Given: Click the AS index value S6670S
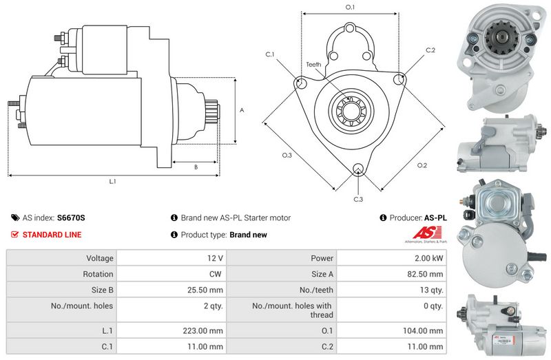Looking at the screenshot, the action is point(71,218).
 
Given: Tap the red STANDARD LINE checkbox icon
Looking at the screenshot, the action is point(14,234).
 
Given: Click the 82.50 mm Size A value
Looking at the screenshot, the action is point(425,274).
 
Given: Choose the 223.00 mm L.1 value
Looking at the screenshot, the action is point(202,330).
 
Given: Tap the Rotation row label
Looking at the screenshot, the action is point(98,274).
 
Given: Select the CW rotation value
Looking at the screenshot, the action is point(215,274).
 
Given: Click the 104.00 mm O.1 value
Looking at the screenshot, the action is point(423,330).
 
